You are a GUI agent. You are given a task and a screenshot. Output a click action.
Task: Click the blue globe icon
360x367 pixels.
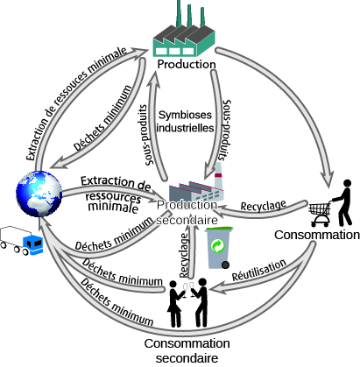39,194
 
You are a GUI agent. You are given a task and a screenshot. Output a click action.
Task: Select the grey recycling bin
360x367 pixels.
218,248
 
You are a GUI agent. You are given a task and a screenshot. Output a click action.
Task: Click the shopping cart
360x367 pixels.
320,215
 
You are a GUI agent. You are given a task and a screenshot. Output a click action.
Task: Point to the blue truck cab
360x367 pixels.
32,244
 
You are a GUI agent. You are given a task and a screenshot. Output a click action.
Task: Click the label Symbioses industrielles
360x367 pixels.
185,121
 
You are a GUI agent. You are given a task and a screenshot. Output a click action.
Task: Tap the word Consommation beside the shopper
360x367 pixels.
317,235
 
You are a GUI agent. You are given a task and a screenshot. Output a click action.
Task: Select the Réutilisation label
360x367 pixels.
259,270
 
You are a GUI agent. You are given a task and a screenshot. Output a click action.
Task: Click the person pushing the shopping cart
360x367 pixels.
344,202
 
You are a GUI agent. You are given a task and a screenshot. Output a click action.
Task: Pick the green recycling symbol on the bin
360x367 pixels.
217,245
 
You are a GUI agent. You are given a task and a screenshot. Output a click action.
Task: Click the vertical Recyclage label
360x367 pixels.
184,255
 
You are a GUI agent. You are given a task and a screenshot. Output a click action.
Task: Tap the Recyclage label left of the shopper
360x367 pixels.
264,206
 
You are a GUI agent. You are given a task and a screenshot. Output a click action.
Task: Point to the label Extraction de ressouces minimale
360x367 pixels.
76,103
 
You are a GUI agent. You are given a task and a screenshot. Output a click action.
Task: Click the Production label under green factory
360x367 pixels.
187,64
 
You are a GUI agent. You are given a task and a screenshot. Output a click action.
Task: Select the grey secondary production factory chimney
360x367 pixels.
218,177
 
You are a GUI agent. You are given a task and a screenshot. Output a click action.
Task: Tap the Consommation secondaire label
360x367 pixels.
187,350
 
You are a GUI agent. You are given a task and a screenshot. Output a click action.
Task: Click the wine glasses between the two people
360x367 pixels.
188,289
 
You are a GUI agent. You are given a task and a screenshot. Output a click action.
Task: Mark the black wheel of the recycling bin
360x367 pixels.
225,265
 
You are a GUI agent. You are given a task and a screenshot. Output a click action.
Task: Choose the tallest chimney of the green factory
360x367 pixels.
179,13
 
